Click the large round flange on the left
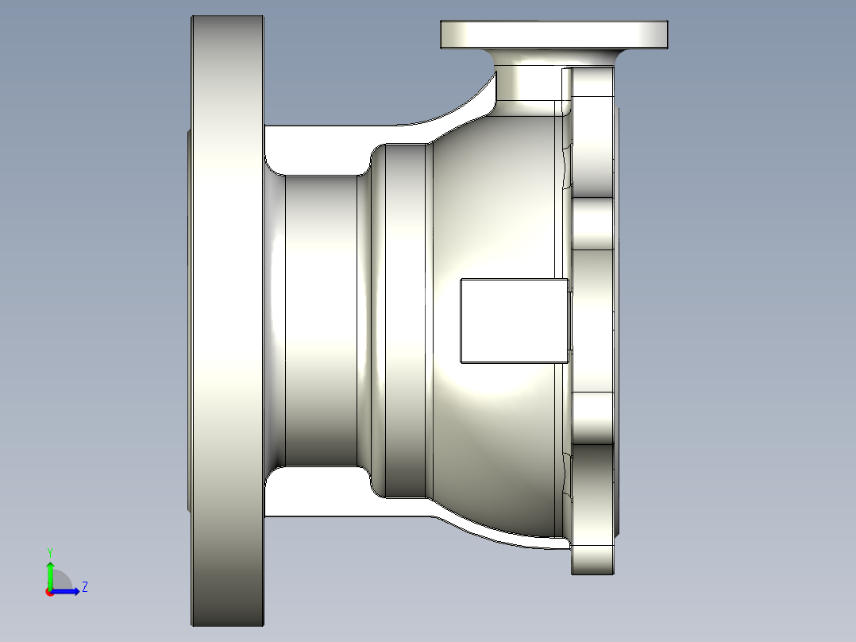(227, 318)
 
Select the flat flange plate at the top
(553, 34)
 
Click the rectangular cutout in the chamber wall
(514, 320)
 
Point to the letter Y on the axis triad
(49, 551)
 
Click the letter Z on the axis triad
(84, 587)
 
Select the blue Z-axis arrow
(67, 591)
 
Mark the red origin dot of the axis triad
(48, 592)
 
